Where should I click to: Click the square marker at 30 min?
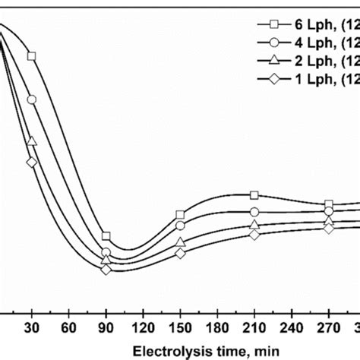coord(32,56)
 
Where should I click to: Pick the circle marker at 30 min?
coord(32,99)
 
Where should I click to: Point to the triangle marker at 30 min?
coord(32,141)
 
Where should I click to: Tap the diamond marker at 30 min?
coord(32,162)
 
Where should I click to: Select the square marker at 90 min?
coord(106,236)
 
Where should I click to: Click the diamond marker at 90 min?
coord(106,270)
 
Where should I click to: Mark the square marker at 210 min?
coord(254,195)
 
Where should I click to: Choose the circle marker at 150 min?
coord(180,226)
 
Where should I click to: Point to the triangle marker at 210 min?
coord(254,225)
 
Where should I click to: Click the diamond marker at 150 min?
coord(180,252)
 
